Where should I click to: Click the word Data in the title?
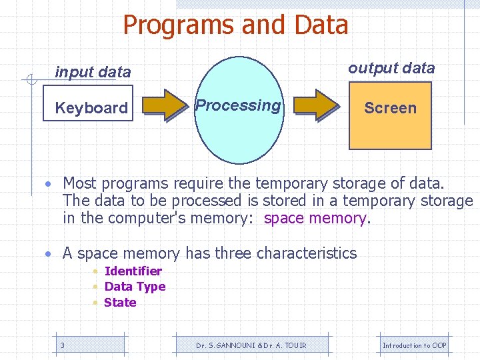pyautogui.click(x=319, y=25)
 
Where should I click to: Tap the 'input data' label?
pyautogui.click(x=93, y=72)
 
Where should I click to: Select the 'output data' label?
pyautogui.click(x=391, y=68)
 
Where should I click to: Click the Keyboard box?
pyautogui.click(x=91, y=107)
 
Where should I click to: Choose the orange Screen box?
pyautogui.click(x=390, y=115)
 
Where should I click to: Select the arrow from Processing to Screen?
pyautogui.click(x=316, y=105)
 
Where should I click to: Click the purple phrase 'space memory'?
pyautogui.click(x=315, y=218)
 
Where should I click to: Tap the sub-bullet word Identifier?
pyautogui.click(x=133, y=271)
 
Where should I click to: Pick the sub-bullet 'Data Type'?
pyautogui.click(x=135, y=287)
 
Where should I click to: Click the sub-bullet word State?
pyautogui.click(x=120, y=302)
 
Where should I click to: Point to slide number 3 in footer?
pyautogui.click(x=62, y=345)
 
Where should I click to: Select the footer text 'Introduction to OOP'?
pyautogui.click(x=414, y=345)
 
